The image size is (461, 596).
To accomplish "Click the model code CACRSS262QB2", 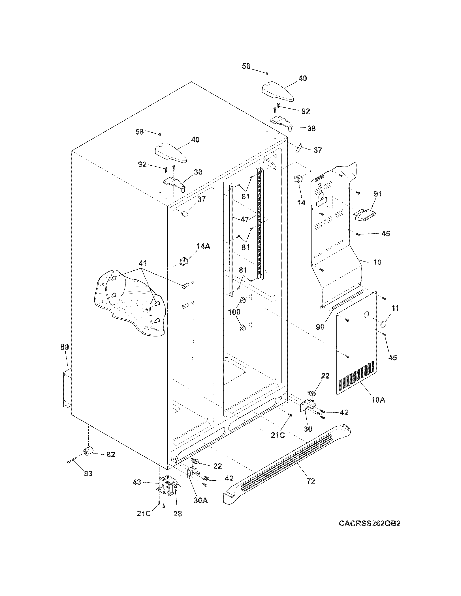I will pos(370,531).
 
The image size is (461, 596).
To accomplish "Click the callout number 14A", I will pos(203,246).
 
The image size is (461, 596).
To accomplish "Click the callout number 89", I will pos(65,347).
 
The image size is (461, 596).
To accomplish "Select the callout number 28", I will pos(178,514).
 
